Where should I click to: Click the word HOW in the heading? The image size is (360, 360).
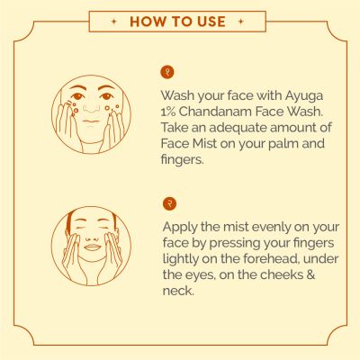[x=148, y=21]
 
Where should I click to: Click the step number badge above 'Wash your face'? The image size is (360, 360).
[x=165, y=75]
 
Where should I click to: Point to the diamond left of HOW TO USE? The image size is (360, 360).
[x=111, y=21]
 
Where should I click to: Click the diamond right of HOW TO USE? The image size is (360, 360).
[x=247, y=21]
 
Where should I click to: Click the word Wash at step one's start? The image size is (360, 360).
[x=178, y=96]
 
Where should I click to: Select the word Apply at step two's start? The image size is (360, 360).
[x=181, y=227]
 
